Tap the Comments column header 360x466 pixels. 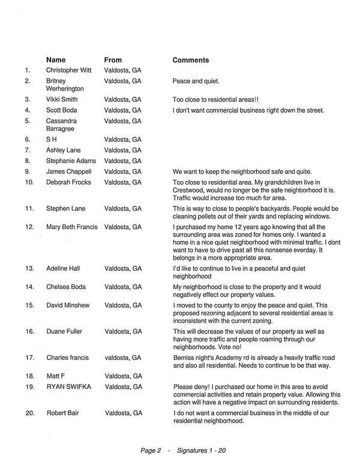coord(191,60)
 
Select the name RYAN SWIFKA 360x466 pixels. coord(70,387)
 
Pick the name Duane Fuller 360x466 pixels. coord(66,331)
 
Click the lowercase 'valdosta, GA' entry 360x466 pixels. coord(123,357)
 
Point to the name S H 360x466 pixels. coord(52,139)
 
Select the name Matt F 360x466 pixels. coord(57,376)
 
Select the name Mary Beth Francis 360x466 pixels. coord(73,227)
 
